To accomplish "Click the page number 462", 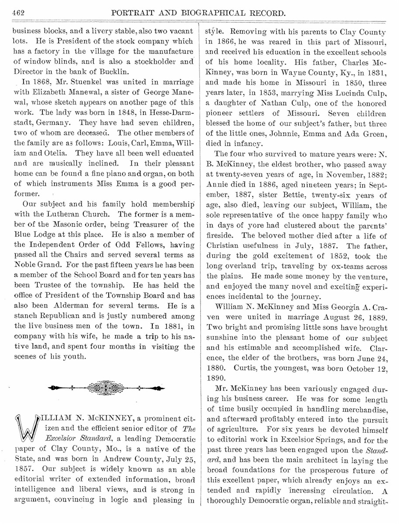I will tap(18, 13).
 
